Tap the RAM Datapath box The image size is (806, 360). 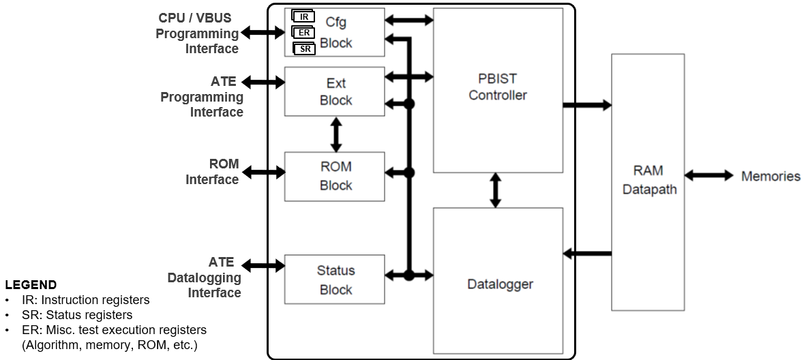click(x=648, y=181)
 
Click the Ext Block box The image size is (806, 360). click(x=335, y=91)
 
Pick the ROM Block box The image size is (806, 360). click(x=335, y=176)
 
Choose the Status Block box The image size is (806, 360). click(x=335, y=280)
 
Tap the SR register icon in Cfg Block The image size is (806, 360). click(x=304, y=48)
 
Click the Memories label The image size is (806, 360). click(x=771, y=177)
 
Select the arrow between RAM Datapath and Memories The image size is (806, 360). click(x=708, y=176)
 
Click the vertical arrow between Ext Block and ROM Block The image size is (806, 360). click(x=335, y=134)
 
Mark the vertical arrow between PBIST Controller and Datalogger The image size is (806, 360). click(x=496, y=190)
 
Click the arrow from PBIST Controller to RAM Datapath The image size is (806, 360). click(x=586, y=105)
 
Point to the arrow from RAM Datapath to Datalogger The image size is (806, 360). click(x=586, y=254)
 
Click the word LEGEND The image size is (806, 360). click(x=31, y=285)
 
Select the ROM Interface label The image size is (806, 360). click(x=212, y=172)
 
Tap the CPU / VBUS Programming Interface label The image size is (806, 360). click(x=198, y=33)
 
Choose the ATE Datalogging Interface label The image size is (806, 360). click(x=205, y=277)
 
